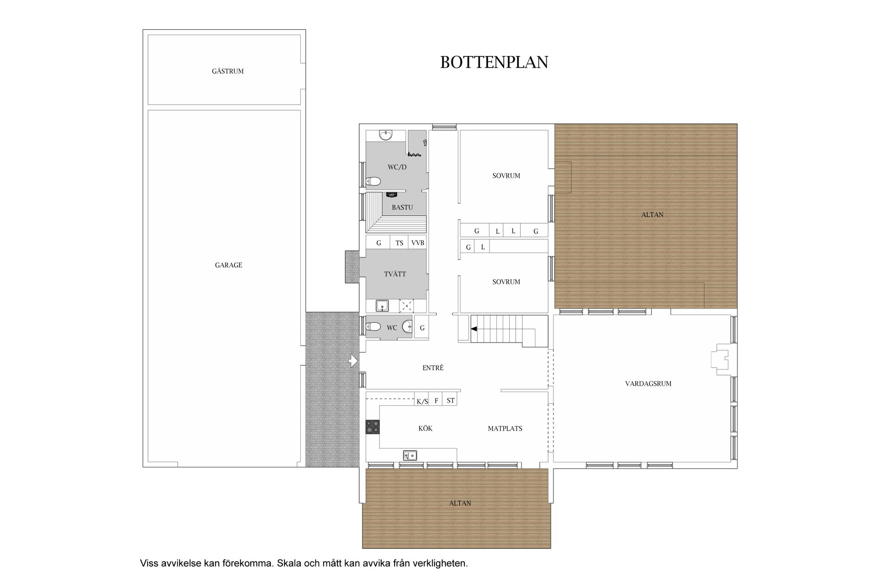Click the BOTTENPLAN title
(x=494, y=62)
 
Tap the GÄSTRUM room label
(x=228, y=71)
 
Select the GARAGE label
(x=229, y=265)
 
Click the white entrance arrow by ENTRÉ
(x=353, y=361)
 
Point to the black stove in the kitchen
(x=373, y=427)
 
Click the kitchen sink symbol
(x=410, y=455)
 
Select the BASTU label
(x=402, y=207)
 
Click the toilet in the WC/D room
(x=374, y=182)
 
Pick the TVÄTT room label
(x=395, y=274)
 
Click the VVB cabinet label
(x=418, y=243)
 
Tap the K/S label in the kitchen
(x=422, y=402)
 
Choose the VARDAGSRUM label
(x=648, y=384)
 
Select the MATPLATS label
(x=505, y=428)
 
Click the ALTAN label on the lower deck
(x=460, y=503)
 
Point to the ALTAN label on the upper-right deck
(x=652, y=214)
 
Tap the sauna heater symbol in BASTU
(x=391, y=194)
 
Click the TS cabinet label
(x=400, y=243)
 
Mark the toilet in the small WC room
(x=374, y=327)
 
